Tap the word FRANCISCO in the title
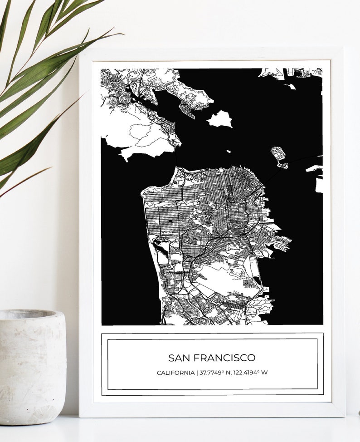point(224,358)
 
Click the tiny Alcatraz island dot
point(229,152)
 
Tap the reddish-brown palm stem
point(27,182)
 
